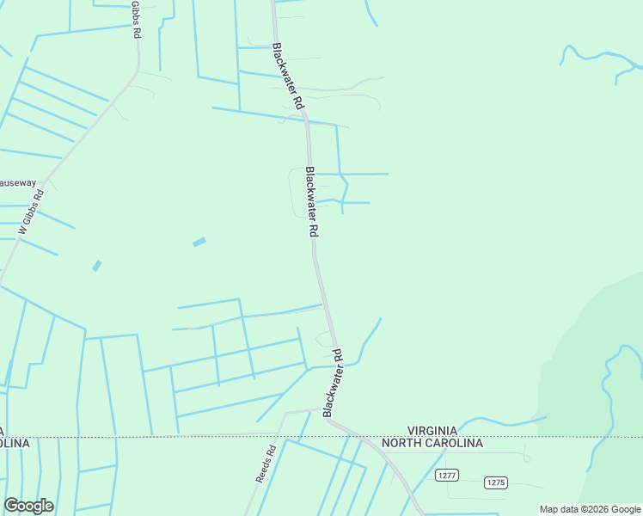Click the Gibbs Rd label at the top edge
(136, 19)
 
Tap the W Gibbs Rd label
(31, 212)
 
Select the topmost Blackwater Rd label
(288, 76)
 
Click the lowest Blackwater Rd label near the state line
(334, 384)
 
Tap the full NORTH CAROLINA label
(432, 443)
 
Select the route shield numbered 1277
(446, 475)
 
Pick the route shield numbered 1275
(495, 482)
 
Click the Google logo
(28, 506)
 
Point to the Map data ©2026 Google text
(591, 509)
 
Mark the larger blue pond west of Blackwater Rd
(199, 243)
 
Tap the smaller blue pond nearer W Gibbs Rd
(97, 266)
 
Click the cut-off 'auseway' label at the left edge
(18, 183)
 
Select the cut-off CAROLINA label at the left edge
(15, 443)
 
